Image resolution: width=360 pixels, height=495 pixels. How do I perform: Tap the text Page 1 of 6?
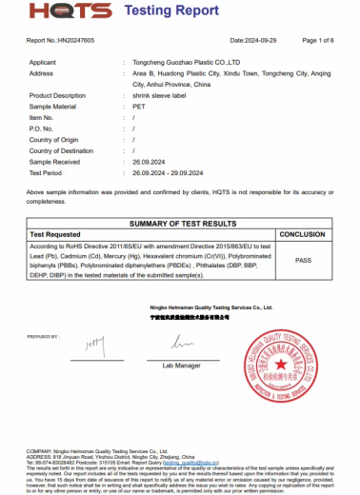click(316, 41)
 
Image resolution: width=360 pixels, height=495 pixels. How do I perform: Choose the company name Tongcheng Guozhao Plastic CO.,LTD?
click(187, 62)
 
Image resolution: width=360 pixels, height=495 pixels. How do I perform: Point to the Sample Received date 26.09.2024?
click(153, 163)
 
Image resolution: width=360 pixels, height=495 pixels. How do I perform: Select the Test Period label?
click(46, 173)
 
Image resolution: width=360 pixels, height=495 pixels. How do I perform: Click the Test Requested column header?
click(56, 233)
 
